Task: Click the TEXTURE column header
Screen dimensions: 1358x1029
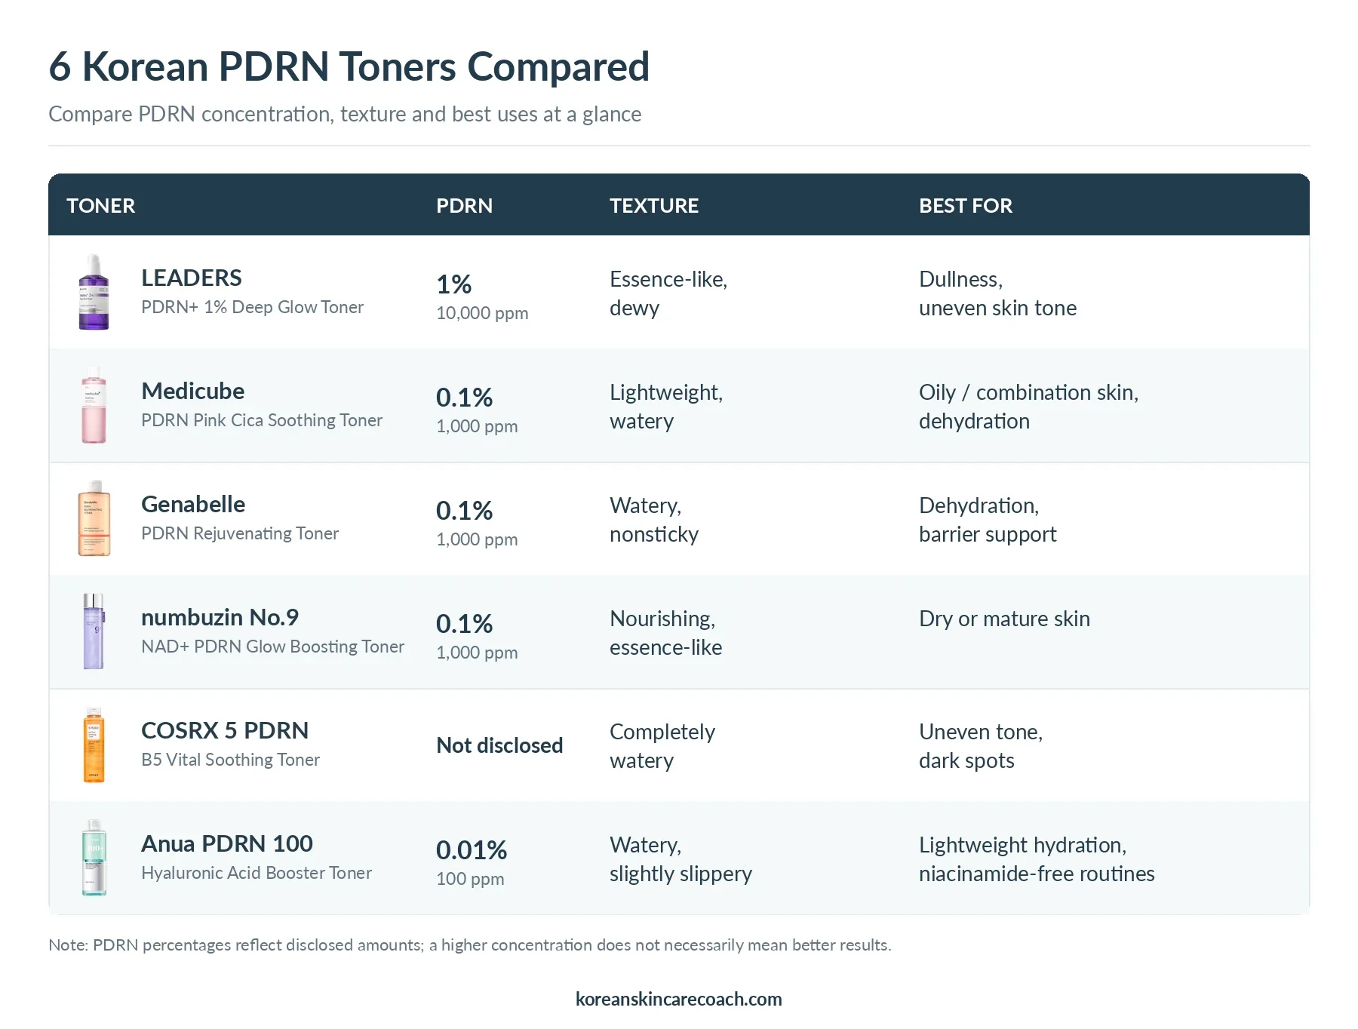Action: [654, 205]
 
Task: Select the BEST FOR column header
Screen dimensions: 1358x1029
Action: [966, 205]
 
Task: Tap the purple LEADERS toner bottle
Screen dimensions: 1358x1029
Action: [94, 292]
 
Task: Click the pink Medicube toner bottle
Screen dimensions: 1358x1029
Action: [94, 405]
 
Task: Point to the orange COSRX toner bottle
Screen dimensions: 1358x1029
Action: [94, 745]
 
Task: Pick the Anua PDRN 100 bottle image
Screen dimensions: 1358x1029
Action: [94, 858]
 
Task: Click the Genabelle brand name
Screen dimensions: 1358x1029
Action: [193, 504]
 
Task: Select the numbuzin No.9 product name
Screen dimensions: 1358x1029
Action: [220, 617]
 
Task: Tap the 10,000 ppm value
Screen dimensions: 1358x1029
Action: [482, 313]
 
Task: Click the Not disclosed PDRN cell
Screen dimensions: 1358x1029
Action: [499, 745]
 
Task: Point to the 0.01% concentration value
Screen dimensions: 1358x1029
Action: [472, 850]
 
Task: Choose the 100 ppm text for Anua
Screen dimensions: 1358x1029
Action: [470, 879]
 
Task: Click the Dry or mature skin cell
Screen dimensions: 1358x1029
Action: [1004, 619]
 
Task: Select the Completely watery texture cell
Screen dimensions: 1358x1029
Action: [662, 746]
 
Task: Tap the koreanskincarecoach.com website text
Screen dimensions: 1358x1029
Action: [679, 999]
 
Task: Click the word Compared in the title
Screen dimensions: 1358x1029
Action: [558, 67]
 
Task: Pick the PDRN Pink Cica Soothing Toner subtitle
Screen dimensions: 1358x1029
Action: [262, 420]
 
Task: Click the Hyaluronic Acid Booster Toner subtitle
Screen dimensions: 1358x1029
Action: [257, 873]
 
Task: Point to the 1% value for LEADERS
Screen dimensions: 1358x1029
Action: [454, 284]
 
